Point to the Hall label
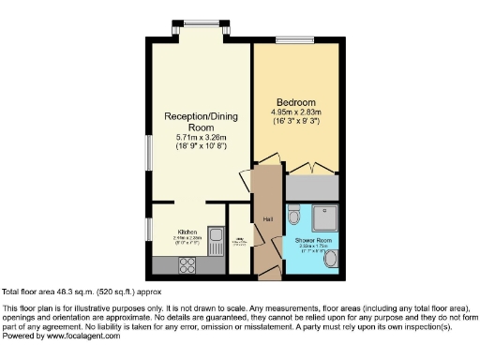(267, 219)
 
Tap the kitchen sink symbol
(214, 236)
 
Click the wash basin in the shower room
(328, 262)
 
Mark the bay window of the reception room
(199, 24)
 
